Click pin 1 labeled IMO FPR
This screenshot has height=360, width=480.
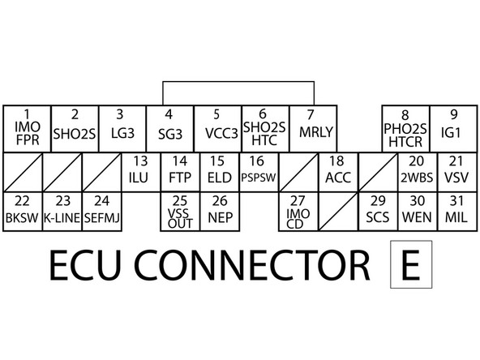coord(27,127)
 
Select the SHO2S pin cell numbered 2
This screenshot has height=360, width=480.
coord(75,127)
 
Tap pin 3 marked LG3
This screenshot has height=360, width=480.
coord(122,127)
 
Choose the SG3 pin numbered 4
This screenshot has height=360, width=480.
coord(169,127)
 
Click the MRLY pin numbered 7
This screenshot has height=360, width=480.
coord(265,127)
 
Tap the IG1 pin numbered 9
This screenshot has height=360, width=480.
coord(405,127)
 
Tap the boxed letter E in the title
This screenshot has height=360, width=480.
coord(411,264)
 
